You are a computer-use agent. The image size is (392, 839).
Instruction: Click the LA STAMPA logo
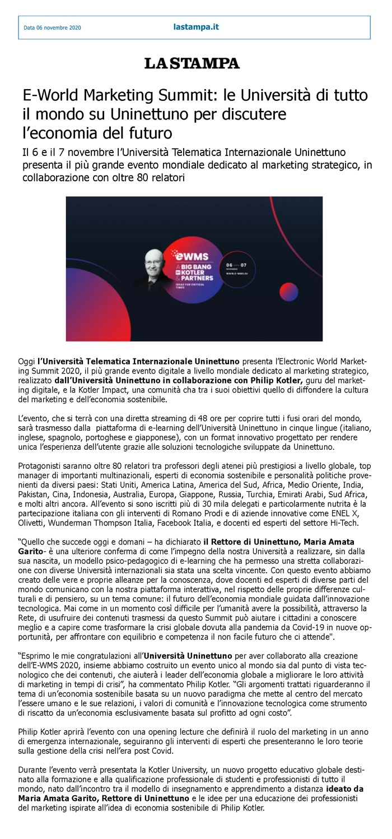[192, 63]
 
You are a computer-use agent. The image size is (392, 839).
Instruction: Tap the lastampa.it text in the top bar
[196, 26]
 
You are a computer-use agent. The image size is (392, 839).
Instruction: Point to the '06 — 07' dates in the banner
[236, 264]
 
